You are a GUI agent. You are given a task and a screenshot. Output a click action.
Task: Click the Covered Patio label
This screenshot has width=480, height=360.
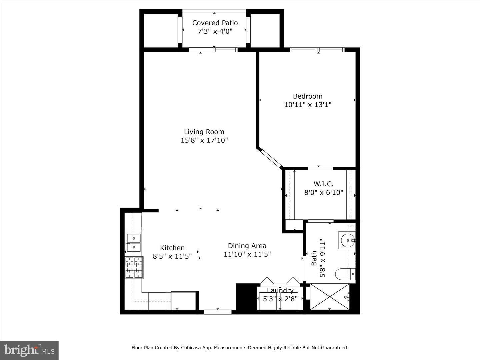pos(215,23)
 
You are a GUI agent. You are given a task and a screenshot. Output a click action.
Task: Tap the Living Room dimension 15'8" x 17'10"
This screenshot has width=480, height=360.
pos(204,140)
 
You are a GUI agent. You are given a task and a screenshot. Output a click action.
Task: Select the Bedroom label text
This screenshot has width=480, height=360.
pos(307,96)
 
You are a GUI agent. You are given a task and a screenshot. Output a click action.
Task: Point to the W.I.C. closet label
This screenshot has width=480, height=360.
pos(323,184)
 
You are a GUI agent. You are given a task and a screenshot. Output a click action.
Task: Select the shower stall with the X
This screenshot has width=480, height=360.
pos(329,296)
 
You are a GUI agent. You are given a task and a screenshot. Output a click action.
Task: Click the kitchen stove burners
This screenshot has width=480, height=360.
pos(134,268)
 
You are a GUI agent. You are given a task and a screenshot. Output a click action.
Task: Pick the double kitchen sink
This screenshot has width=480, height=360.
pos(133,243)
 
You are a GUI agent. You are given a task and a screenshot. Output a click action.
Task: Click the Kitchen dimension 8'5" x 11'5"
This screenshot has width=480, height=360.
pos(172,256)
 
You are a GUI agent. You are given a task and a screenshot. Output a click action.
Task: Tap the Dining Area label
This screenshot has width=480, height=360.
pos(247,246)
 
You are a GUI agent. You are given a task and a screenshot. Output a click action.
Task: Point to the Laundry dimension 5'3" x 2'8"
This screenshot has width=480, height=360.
pos(280,299)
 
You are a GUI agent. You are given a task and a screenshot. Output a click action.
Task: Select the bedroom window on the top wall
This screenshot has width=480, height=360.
pos(317,50)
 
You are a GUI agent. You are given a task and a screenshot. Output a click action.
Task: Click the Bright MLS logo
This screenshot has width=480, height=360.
pos(29,350)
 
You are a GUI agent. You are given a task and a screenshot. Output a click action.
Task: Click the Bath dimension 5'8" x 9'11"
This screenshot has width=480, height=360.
pos(322,258)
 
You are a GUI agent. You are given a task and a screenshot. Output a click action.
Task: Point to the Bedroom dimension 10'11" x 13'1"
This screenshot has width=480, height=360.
pos(307,105)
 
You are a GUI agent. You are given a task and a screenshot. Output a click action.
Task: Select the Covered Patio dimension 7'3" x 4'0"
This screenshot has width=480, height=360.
pos(215,31)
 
